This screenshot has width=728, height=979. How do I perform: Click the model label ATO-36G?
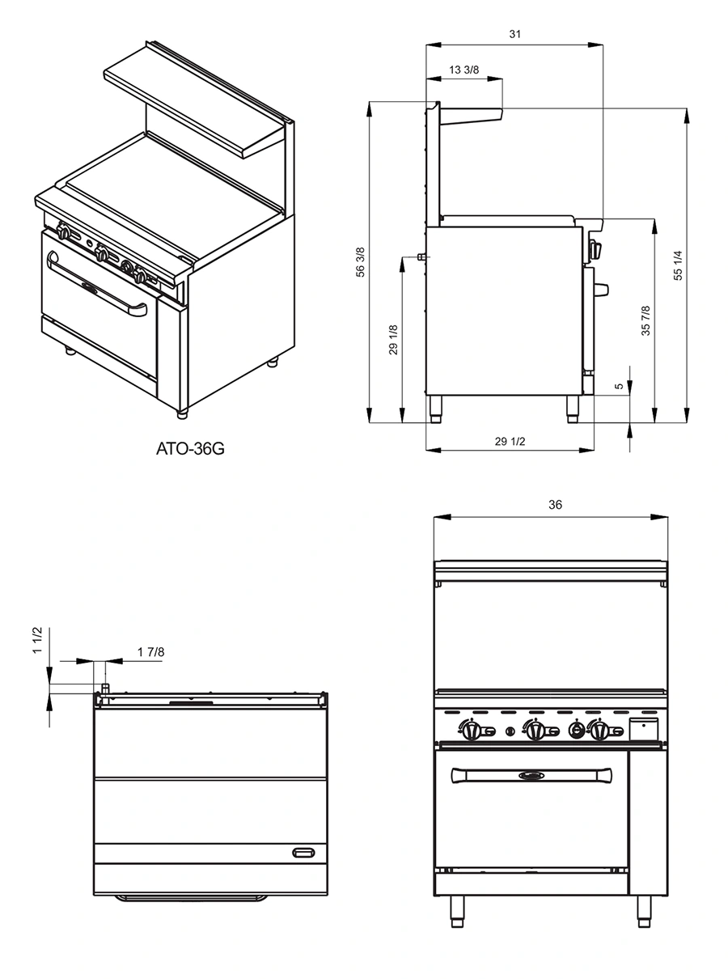point(188,447)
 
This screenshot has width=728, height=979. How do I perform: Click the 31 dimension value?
point(515,34)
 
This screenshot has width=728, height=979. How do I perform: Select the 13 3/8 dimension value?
point(464,70)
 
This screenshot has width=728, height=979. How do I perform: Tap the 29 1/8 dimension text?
point(393,340)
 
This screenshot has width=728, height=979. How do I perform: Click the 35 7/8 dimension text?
point(645,321)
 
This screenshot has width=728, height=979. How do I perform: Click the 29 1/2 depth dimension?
point(510,441)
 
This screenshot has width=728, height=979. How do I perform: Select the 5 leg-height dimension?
point(620,387)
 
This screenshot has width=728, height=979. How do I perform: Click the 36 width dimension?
point(555,505)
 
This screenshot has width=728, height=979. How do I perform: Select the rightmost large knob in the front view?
point(599,731)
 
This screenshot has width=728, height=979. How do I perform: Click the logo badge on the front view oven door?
point(531,776)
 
